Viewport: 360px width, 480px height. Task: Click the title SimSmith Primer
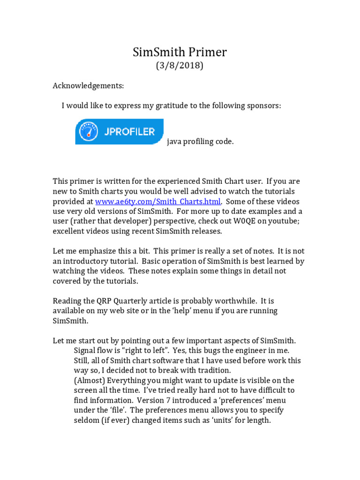[180, 52]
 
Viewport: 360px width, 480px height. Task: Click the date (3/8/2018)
[180, 66]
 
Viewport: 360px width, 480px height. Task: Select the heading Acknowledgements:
[88, 86]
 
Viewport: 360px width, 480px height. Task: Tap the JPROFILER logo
[120, 132]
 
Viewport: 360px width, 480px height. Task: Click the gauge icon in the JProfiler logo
[89, 132]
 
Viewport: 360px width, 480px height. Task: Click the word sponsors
[264, 106]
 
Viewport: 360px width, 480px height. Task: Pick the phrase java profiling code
[200, 142]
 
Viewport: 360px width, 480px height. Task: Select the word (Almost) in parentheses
[90, 380]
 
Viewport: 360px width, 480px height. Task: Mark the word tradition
[209, 370]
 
